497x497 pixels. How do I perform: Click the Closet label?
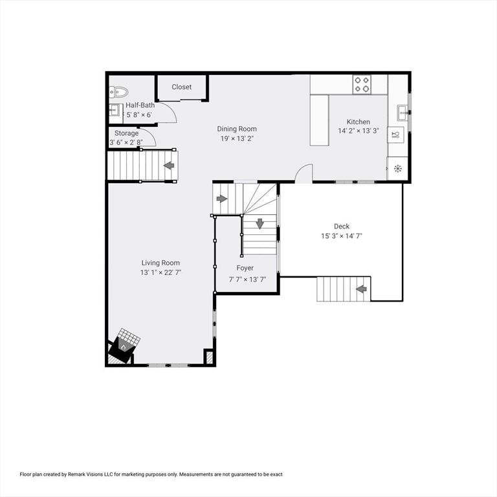pyautogui.click(x=181, y=87)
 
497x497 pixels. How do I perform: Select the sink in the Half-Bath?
pyautogui.click(x=115, y=111)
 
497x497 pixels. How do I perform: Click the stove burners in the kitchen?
pyautogui.click(x=362, y=84)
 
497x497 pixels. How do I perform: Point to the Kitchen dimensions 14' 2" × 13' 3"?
pyautogui.click(x=358, y=131)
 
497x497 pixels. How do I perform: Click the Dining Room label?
pyautogui.click(x=237, y=129)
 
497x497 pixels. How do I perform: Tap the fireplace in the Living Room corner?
pyautogui.click(x=123, y=348)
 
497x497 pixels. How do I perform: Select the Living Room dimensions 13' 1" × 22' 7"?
pyautogui.click(x=160, y=272)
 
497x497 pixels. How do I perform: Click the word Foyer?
pyautogui.click(x=245, y=268)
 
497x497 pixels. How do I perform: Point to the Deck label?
pyautogui.click(x=342, y=226)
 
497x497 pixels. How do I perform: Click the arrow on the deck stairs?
pyautogui.click(x=362, y=289)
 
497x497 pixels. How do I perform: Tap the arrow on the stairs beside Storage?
pyautogui.click(x=169, y=166)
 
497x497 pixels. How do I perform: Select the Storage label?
pyautogui.click(x=126, y=133)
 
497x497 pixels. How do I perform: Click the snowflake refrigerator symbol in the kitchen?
pyautogui.click(x=397, y=169)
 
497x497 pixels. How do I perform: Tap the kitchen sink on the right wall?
pyautogui.click(x=402, y=112)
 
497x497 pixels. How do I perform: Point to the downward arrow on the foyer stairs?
pyautogui.click(x=260, y=224)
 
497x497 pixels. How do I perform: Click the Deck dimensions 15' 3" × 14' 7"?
pyautogui.click(x=341, y=236)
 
